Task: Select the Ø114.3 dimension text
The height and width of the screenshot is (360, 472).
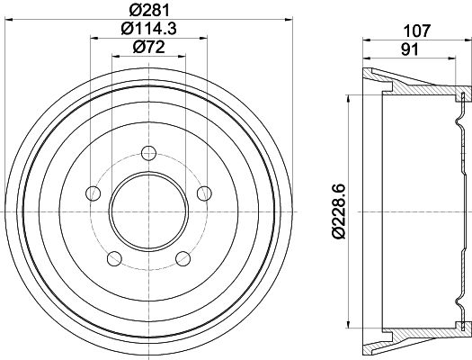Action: tap(147, 30)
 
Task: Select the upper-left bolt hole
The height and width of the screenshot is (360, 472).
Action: tap(91, 192)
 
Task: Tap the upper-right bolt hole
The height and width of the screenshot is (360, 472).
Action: tap(204, 192)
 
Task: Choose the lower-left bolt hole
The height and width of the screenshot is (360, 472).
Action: tap(112, 259)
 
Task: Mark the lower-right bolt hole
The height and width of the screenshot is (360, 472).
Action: tap(183, 259)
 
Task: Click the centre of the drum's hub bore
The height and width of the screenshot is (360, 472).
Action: tap(147, 211)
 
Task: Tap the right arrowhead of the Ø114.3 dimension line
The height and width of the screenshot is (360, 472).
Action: tap(204, 38)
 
